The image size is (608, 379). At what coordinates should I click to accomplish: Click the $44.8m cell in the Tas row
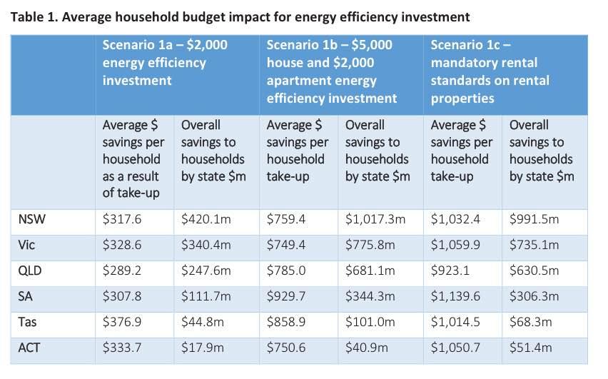(x=203, y=323)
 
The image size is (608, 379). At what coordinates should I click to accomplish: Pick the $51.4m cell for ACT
(x=529, y=348)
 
